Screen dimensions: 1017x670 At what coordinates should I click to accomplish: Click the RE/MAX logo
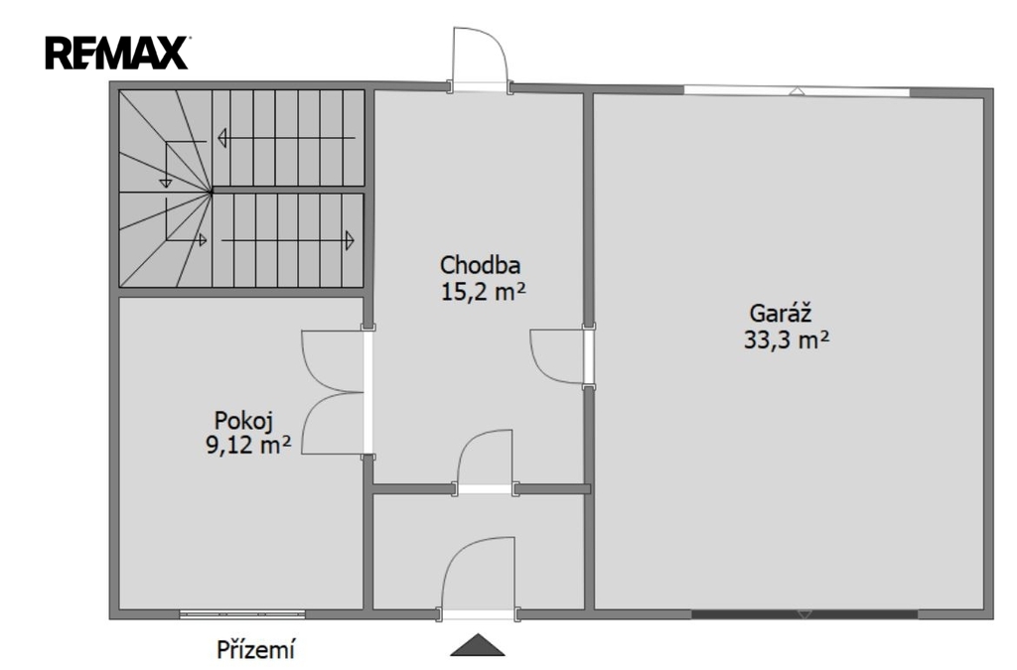click(117, 53)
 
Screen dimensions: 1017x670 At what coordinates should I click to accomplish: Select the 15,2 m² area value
click(483, 292)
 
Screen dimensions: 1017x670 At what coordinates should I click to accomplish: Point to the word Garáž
click(781, 313)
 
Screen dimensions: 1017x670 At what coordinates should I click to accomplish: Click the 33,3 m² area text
click(787, 339)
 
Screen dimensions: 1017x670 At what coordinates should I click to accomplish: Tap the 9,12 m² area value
click(248, 445)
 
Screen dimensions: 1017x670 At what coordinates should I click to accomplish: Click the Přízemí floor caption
click(256, 648)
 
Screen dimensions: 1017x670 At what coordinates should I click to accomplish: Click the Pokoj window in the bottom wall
click(242, 613)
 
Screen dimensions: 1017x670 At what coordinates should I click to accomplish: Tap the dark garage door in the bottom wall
click(804, 613)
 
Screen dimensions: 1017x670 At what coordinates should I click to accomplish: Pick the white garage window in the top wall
click(798, 91)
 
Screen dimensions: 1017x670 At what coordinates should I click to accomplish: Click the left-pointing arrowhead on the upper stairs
click(221, 138)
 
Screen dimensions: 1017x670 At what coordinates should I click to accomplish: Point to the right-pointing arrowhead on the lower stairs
click(350, 240)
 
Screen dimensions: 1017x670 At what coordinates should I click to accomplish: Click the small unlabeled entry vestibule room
click(479, 552)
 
